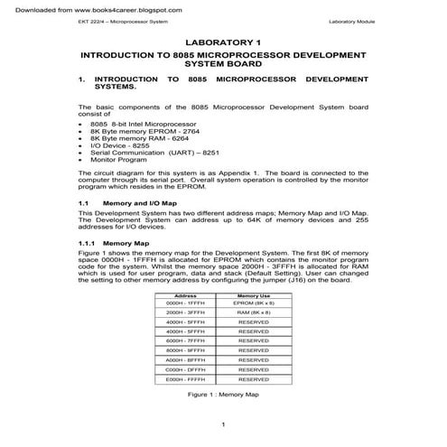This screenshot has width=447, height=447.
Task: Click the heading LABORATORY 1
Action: click(x=222, y=42)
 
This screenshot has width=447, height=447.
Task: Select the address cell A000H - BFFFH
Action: click(x=186, y=359)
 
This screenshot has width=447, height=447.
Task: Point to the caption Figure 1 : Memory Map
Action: click(x=222, y=395)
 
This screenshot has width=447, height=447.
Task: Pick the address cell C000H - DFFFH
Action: click(x=186, y=370)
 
